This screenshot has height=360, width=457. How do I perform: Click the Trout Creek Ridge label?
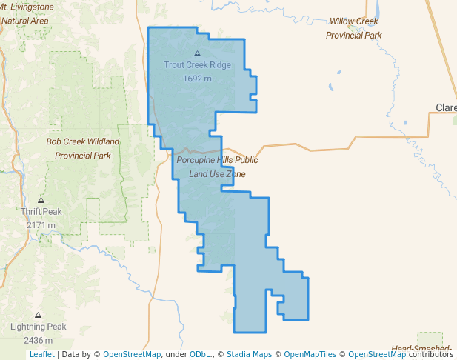197,65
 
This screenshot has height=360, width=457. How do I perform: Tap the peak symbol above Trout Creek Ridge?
197,53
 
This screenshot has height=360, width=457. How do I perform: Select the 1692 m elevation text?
197,79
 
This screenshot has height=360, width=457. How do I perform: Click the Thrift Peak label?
41,212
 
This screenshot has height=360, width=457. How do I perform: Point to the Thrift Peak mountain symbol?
41,200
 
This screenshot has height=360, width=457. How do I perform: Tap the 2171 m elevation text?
41,225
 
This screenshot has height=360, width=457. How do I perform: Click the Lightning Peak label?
39,327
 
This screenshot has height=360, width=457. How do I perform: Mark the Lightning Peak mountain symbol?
39,315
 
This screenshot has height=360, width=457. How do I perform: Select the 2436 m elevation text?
39,340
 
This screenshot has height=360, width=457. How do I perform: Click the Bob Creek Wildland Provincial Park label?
83,148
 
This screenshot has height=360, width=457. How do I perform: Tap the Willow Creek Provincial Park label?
354,28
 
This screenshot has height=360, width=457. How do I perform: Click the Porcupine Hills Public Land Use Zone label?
217,167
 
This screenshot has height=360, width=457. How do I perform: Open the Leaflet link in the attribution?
41,354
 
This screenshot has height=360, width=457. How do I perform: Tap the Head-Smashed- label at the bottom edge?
422,347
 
